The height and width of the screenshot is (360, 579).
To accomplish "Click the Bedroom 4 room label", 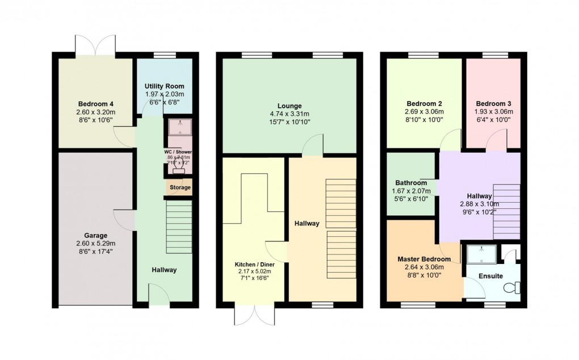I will click(x=96, y=104).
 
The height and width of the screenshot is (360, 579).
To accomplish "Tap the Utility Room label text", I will click(x=164, y=85).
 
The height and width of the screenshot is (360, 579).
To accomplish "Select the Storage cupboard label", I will click(x=179, y=187).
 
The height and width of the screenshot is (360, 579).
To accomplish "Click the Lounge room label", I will click(x=289, y=106).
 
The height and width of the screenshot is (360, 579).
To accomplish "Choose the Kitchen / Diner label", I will click(x=254, y=265).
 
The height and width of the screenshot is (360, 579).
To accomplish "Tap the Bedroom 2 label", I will click(x=424, y=104).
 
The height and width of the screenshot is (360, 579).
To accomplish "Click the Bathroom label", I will click(x=411, y=183).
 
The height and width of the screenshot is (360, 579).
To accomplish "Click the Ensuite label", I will click(x=490, y=277).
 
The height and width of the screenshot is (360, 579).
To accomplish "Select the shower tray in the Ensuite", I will click(x=482, y=254).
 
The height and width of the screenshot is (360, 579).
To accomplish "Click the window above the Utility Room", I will click(x=165, y=55).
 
